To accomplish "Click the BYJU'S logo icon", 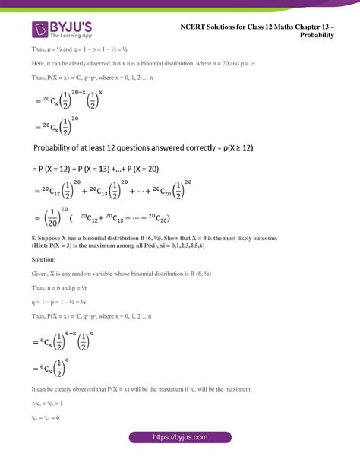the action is click(x=39, y=28).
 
